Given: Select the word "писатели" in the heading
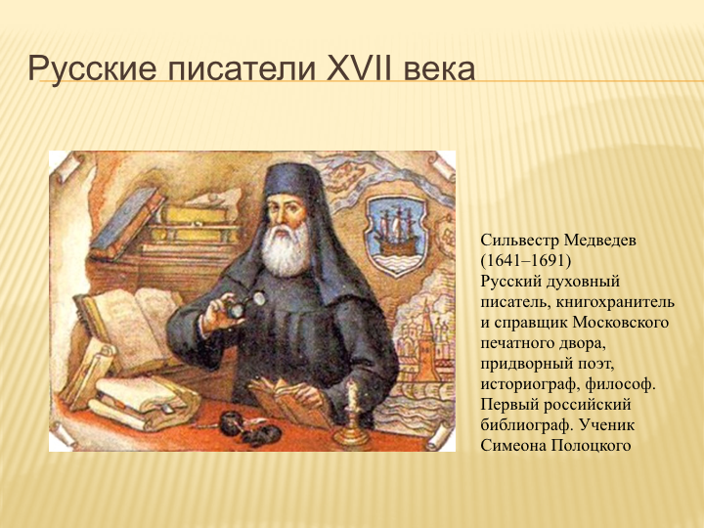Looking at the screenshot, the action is click(242, 69).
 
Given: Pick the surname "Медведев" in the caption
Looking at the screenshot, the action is click(599, 241).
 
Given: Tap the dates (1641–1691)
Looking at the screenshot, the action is click(526, 261).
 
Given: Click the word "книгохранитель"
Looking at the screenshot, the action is click(616, 302).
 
